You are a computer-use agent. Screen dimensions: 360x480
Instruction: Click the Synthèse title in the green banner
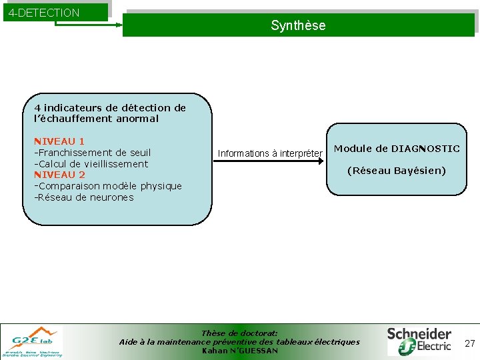pos(298,25)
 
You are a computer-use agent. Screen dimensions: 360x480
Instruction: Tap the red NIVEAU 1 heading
pos(59,141)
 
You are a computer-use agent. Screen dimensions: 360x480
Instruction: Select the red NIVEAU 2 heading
pos(59,175)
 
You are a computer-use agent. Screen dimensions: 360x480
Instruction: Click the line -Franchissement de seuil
pos(93,153)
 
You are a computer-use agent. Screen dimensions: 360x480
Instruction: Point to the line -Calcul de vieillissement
pos(91,164)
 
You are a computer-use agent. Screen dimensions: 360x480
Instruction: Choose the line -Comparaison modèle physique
pos(108,186)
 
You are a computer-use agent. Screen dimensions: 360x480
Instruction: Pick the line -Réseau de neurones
pos(84,197)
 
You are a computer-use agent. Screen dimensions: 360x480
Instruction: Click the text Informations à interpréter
pos(270,153)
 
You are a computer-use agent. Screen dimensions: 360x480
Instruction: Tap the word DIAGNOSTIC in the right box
pos(425,149)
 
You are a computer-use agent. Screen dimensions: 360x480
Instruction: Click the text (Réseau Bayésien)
pos(397,171)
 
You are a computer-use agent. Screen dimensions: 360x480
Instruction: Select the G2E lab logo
pos(33,341)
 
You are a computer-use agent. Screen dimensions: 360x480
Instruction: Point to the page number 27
pos(469,343)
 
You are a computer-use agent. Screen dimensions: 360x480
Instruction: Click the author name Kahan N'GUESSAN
pos(239,351)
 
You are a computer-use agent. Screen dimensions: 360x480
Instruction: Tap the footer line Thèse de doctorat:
pos(239,333)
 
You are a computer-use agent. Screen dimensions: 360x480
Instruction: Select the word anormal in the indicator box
pos(137,119)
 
